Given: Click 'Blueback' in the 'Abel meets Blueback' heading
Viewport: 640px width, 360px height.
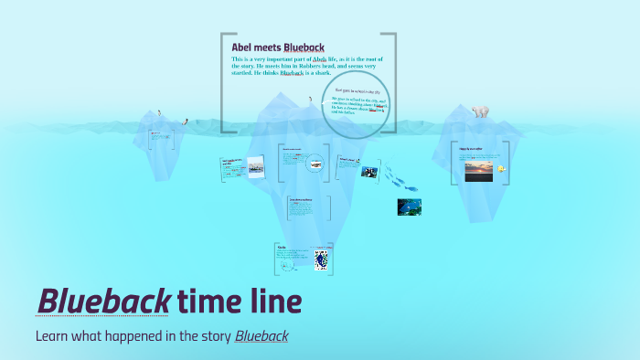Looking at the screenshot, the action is (x=304, y=47).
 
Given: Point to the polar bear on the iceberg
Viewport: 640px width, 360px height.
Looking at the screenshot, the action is (x=480, y=111).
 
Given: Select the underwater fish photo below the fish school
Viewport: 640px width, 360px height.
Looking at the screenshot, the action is (x=409, y=207).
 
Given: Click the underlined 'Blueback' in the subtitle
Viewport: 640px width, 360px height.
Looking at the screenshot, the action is (x=261, y=336).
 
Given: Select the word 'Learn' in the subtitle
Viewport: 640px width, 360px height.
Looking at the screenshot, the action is (x=53, y=336).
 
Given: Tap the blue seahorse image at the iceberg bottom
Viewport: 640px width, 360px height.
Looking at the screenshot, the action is (x=321, y=259).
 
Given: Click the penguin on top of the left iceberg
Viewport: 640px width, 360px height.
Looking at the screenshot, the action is (x=159, y=113).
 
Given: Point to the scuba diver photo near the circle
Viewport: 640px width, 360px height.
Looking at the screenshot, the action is (x=369, y=170).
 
